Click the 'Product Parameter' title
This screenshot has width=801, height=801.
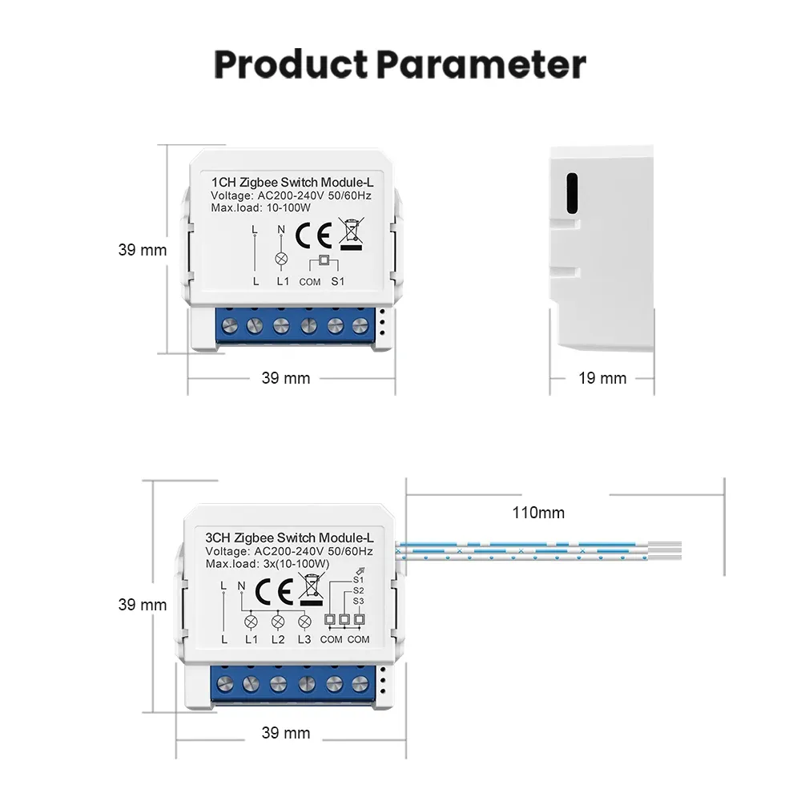click(400, 65)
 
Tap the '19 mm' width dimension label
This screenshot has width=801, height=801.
click(602, 377)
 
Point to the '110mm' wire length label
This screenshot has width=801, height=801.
click(538, 513)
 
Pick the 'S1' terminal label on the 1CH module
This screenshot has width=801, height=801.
click(337, 281)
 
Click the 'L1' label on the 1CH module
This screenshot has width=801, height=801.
click(282, 281)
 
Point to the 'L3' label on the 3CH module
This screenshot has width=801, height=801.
click(304, 639)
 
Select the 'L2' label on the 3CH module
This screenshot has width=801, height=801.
click(278, 639)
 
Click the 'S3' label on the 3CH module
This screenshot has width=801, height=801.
click(358, 600)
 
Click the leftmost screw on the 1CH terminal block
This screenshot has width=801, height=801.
click(228, 326)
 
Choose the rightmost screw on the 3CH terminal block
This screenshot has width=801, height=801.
click(360, 683)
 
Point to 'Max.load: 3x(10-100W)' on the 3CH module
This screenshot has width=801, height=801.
click(268, 564)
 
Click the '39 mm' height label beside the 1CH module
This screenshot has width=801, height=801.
click(143, 250)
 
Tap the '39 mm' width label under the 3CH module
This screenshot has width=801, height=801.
click(285, 732)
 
